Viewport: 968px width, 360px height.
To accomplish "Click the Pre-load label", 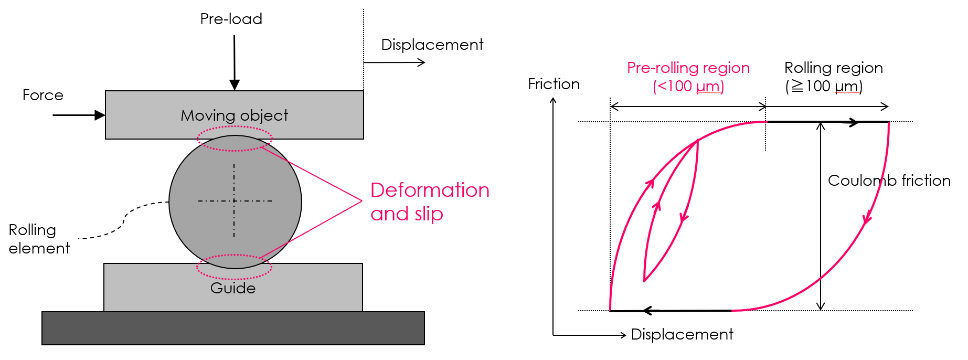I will coord(231,19).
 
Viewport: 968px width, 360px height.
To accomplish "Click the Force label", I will coord(42,95).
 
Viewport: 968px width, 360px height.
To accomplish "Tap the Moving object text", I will coord(234,115).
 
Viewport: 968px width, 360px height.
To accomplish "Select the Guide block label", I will coord(233,288).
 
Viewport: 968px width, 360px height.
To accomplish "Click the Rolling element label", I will coord(39,239).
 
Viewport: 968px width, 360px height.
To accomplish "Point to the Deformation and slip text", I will coord(429,202).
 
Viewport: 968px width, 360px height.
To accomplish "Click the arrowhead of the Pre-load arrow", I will coord(235,84).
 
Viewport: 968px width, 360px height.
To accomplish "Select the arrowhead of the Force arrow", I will coord(99,115).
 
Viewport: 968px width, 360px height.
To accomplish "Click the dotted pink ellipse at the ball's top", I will coord(235,139).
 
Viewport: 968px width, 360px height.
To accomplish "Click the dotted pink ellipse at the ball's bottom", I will coord(234,267).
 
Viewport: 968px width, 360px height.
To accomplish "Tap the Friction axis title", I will coord(554,84).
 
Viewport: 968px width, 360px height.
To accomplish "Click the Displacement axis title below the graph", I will coord(682,334).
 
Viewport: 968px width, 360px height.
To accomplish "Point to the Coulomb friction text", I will coord(889,181).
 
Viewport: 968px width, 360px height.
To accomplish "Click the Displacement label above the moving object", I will coord(432,45).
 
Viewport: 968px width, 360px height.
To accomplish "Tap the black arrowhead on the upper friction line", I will coord(854,122).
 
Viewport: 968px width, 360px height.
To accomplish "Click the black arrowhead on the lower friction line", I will coord(648,311).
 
